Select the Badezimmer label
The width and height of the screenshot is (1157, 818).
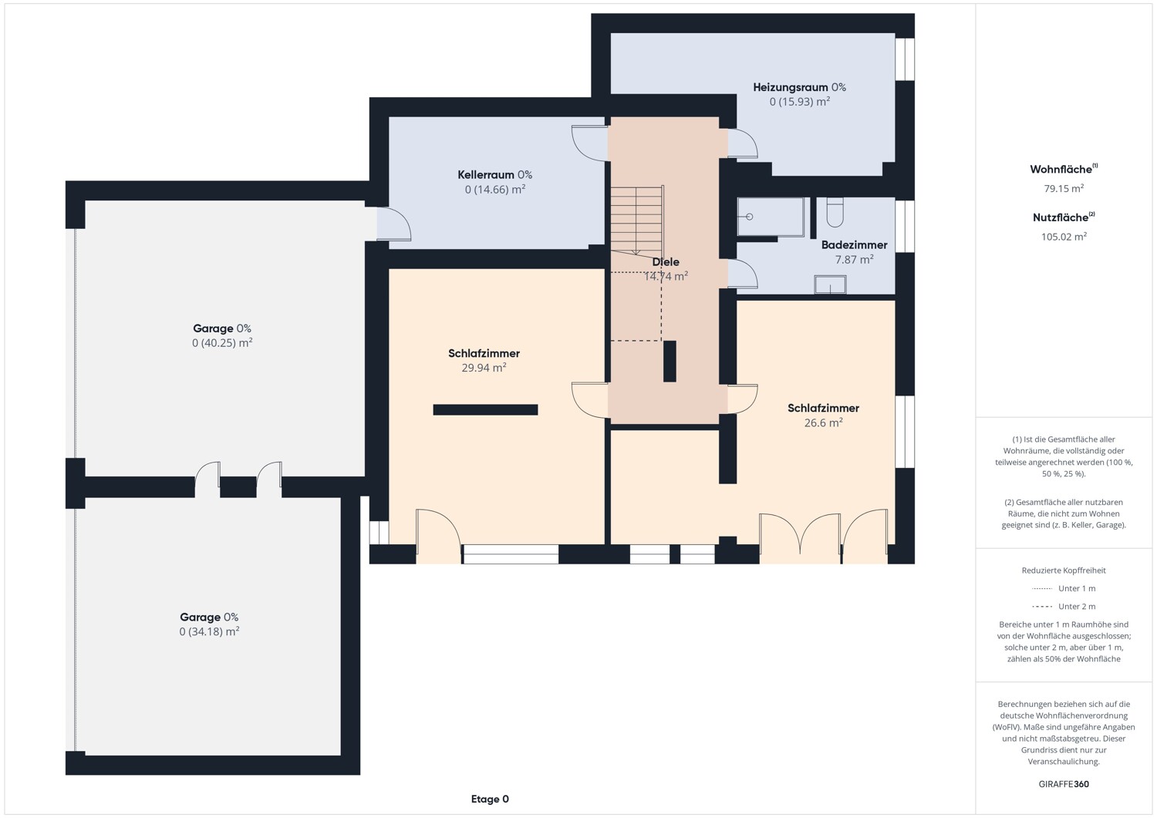[854, 245]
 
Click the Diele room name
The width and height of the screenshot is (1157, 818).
[666, 262]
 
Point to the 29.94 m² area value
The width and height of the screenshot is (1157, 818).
[484, 368]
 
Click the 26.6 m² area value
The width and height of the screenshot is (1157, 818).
[823, 422]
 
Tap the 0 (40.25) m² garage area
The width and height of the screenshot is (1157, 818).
[222, 343]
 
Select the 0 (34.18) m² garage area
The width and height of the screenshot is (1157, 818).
[209, 631]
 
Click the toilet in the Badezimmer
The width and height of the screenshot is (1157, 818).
[835, 211]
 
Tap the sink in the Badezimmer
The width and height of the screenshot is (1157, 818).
[830, 284]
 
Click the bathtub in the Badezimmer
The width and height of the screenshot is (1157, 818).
[771, 217]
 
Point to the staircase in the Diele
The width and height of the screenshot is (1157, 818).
[636, 219]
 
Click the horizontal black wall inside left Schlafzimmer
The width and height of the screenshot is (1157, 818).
[485, 410]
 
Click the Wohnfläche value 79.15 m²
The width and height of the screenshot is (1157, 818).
[1064, 188]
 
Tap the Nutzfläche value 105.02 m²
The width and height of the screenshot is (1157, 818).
[1064, 237]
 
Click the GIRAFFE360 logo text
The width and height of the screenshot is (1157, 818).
[1064, 784]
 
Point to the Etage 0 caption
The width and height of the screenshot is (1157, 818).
[490, 799]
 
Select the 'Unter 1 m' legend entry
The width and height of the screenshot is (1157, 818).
[1064, 588]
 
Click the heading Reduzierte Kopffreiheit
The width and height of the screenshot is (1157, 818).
[1064, 571]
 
